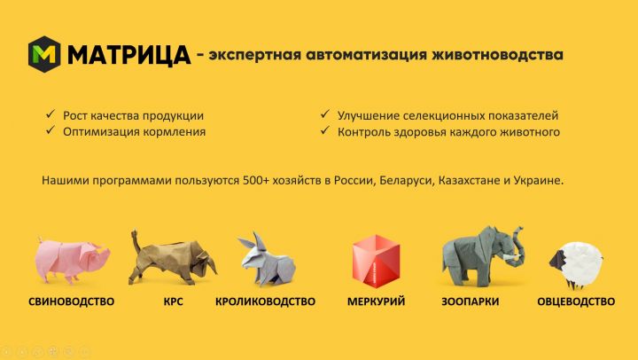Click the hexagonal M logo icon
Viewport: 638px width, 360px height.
[x=44, y=54]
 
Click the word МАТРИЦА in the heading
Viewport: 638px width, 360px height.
[x=128, y=55]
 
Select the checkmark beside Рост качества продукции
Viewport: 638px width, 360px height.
[x=51, y=114]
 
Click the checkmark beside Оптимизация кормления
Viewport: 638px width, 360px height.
[x=51, y=130]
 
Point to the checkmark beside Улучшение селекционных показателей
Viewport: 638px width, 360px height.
[x=324, y=114]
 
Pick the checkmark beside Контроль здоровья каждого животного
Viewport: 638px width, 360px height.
[x=324, y=130]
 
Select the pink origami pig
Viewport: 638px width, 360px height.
[x=72, y=260]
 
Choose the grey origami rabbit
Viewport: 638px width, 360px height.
[x=267, y=259]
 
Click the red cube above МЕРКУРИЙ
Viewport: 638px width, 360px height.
[x=377, y=261]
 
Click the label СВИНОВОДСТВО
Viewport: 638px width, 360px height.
[x=71, y=301]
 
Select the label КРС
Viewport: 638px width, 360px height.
[x=174, y=301]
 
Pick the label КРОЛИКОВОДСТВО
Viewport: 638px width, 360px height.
[x=265, y=301]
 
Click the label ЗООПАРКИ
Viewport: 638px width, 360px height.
[x=471, y=301]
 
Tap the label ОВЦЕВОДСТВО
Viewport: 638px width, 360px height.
[x=576, y=301]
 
